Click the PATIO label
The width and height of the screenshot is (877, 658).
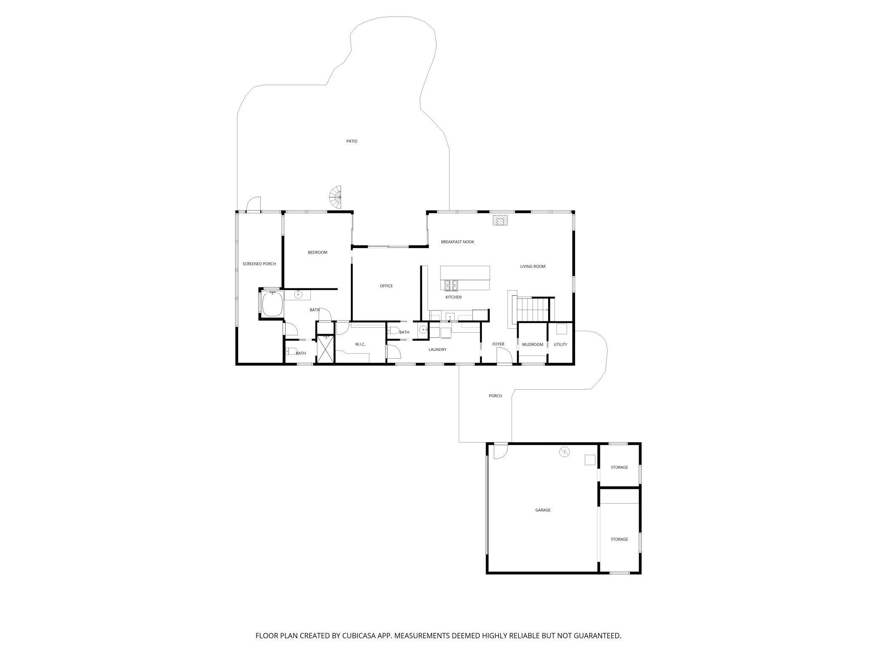coord(352,141)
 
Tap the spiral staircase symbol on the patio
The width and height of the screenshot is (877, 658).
coord(336,198)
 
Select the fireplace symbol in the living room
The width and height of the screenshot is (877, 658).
coord(500,221)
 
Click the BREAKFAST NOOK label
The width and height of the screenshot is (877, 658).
coord(457,242)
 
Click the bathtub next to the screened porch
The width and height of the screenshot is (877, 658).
coord(272,304)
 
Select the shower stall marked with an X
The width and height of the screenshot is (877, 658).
coord(325,349)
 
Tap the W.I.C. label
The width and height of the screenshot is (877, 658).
coord(360,344)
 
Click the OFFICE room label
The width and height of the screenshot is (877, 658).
coord(386,286)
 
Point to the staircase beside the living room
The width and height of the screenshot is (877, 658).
coord(532,309)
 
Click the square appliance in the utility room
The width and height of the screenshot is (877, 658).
coord(561,329)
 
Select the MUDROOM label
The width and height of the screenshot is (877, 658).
coord(533,345)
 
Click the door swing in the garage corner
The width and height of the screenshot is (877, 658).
coord(500,451)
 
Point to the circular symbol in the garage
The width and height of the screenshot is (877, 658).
coord(564,452)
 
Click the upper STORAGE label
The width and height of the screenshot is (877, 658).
coord(619,467)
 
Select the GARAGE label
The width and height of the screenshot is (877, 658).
coord(543,510)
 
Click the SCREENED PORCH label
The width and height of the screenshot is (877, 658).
coord(259,264)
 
